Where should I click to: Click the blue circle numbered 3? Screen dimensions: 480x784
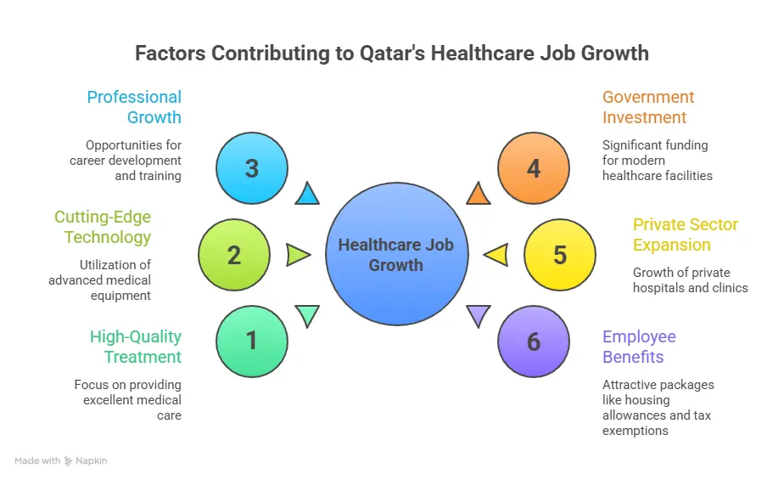click(x=251, y=168)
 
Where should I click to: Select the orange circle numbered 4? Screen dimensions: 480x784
click(x=533, y=168)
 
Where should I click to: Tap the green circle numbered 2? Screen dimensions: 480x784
click(x=234, y=255)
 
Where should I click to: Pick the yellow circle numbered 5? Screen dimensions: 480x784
click(x=559, y=255)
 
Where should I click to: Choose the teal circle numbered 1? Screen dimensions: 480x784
click(x=251, y=342)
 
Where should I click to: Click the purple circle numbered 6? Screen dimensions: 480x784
click(x=533, y=342)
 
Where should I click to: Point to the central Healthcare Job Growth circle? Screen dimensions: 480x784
click(x=395, y=255)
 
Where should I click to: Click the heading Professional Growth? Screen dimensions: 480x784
click(x=135, y=107)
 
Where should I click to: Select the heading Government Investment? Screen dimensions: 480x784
click(x=648, y=107)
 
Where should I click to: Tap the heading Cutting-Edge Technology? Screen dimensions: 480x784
click(x=103, y=227)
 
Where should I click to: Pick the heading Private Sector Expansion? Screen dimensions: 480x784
click(x=686, y=234)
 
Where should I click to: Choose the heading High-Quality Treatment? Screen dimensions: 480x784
click(x=136, y=347)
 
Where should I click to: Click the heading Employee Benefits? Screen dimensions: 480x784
click(x=639, y=347)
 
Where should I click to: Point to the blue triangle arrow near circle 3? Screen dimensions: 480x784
click(x=307, y=195)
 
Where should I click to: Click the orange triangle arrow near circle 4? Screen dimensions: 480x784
click(x=479, y=195)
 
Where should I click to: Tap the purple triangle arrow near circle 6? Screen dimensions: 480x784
click(x=479, y=316)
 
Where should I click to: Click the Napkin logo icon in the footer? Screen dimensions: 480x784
click(x=69, y=461)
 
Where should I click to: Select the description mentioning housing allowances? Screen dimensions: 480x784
click(x=658, y=408)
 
